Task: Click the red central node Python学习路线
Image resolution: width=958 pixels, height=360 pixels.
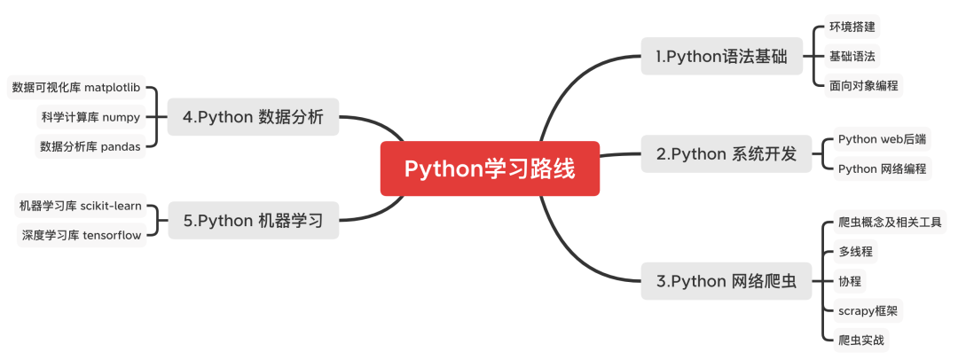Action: tap(490, 168)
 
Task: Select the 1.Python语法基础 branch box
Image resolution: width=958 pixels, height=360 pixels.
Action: tap(721, 57)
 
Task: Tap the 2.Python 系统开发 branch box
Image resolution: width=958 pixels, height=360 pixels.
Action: tap(726, 153)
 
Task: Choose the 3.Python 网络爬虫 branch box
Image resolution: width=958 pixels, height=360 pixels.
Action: tap(726, 282)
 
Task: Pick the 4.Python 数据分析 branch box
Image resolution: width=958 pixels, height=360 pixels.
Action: tap(253, 117)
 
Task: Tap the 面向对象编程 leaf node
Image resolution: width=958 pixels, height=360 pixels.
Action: tap(864, 86)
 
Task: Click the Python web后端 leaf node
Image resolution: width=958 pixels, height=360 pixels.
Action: tap(882, 139)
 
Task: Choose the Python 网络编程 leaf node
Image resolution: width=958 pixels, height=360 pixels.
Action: tap(882, 168)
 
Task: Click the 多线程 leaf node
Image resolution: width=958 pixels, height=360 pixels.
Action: tap(855, 251)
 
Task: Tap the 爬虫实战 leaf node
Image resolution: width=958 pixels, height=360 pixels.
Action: tap(860, 339)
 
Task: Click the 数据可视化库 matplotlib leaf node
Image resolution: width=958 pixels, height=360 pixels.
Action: tap(76, 88)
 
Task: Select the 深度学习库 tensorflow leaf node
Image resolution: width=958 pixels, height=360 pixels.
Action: tap(82, 235)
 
